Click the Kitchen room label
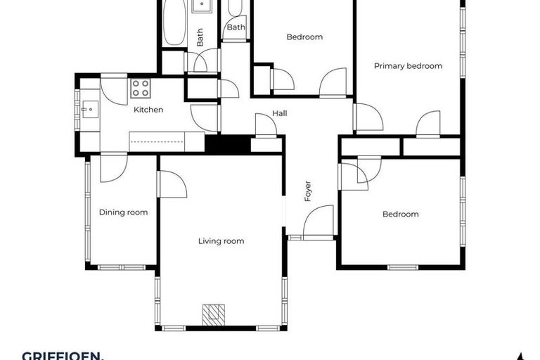[x=148, y=110]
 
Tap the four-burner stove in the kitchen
[x=140, y=88]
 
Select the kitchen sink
[x=88, y=109]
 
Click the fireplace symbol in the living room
[x=212, y=314]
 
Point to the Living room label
[x=221, y=241]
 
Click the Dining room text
[x=123, y=212]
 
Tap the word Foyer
[x=307, y=191]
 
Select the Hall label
[x=280, y=114]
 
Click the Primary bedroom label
[x=408, y=66]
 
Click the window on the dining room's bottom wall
[x=120, y=267]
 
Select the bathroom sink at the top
[x=204, y=7]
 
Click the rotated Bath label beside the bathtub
[x=200, y=37]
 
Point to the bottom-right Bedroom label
[x=400, y=214]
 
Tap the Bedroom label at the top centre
[x=304, y=37]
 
